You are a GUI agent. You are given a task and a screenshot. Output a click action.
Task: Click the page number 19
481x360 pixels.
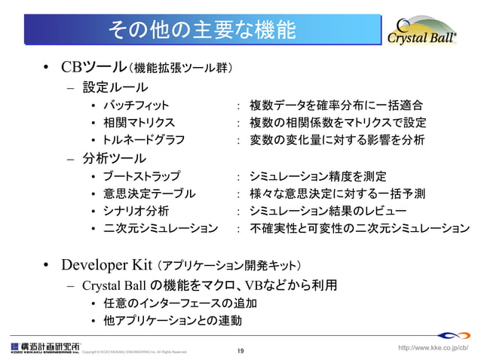[x=240, y=351]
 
